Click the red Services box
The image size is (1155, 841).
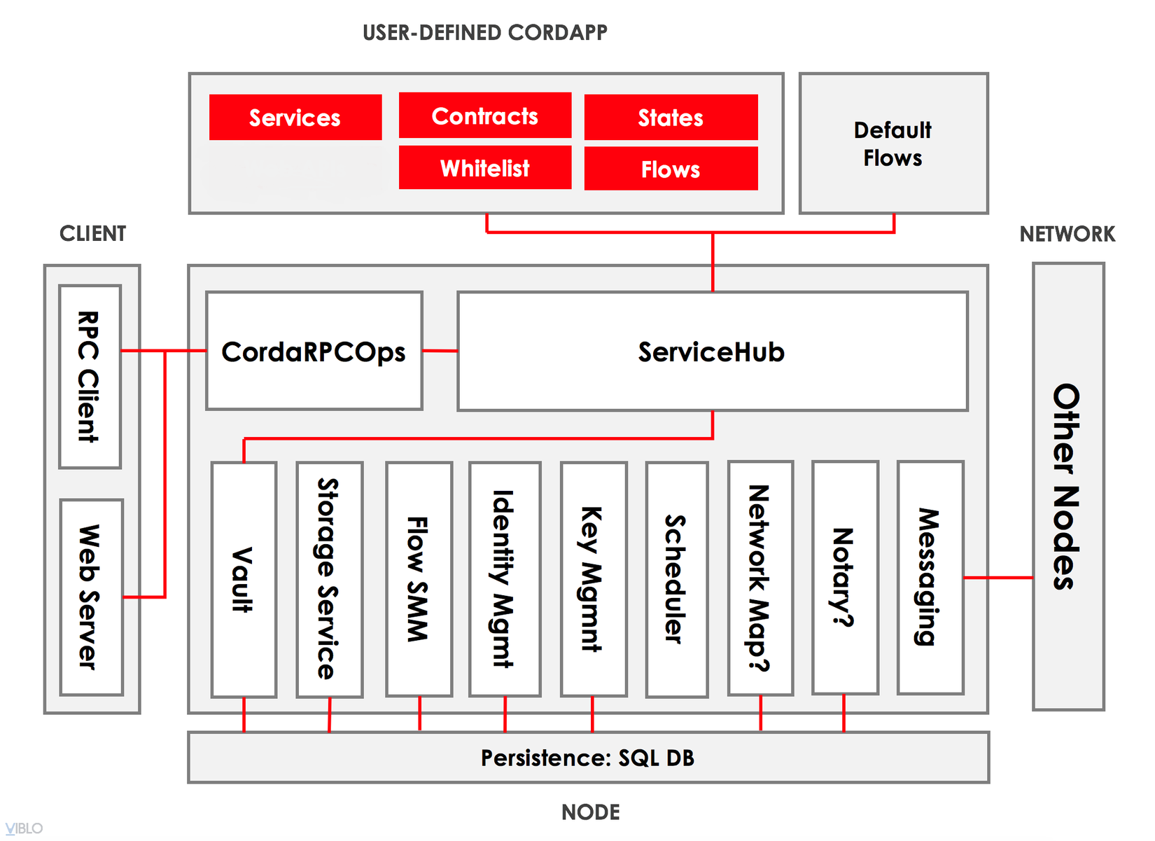coord(295,118)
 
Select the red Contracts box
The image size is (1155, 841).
coord(485,116)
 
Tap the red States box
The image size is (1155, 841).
coord(671,118)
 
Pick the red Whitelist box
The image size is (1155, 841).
coord(485,168)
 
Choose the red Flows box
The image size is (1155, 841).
coord(671,169)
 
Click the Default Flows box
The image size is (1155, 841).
coord(893,144)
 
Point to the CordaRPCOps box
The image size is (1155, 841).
coord(314,351)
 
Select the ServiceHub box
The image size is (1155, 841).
coord(712,351)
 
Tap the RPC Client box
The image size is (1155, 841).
coord(90,377)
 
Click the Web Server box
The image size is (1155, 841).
coord(91,597)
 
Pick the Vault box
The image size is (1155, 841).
coord(244,579)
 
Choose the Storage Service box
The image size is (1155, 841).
coord(329,579)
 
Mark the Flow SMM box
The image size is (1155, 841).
coord(419,579)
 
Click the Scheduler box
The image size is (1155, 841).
coord(676,579)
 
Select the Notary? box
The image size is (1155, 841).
coord(845,578)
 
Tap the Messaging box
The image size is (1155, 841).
coord(930,578)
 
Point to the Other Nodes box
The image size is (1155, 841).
coord(1068,487)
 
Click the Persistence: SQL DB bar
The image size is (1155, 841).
coord(588,758)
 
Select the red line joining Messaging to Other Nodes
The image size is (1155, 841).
coord(998,578)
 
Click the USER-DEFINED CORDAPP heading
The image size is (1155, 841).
coord(485,33)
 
